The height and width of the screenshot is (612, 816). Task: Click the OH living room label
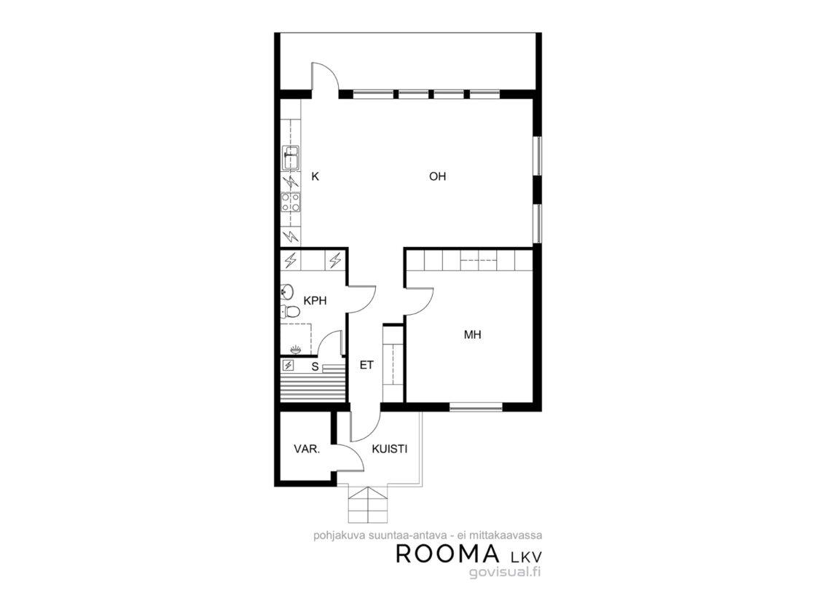[438, 176]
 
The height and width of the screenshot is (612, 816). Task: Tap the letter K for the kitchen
[315, 176]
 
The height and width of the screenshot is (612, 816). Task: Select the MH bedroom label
[473, 334]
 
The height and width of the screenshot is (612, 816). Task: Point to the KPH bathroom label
[315, 300]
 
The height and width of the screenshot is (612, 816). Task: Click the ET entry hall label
[366, 365]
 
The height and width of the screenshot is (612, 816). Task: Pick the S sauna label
[315, 366]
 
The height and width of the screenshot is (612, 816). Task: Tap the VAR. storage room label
[307, 449]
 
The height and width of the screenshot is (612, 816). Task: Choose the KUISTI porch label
[389, 449]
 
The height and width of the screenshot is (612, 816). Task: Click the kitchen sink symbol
[291, 157]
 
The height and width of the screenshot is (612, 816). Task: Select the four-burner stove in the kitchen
[291, 202]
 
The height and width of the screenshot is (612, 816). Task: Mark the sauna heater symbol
[287, 365]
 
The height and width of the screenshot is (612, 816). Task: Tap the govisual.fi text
[506, 573]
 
